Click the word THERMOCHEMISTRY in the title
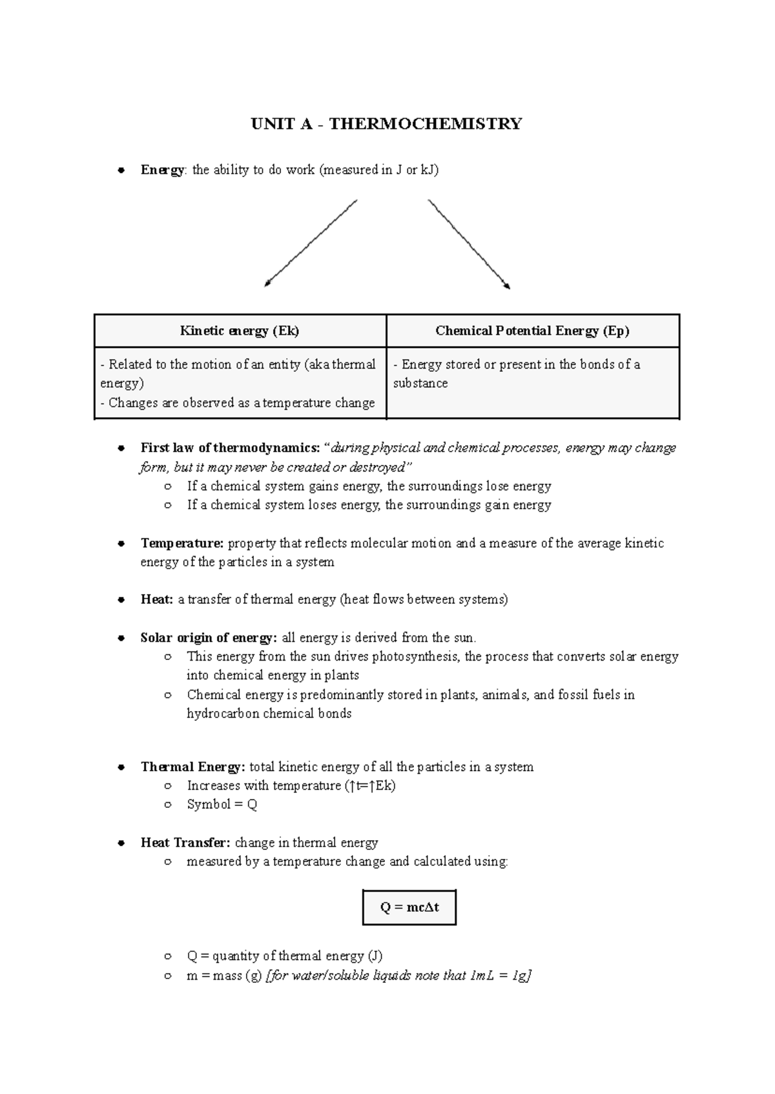pos(426,124)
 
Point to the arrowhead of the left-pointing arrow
pos(267,284)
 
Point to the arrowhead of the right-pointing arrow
pos(508,286)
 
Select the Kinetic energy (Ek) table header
pos(240,331)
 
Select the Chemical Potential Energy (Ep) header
pos(532,331)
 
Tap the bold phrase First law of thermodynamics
pos(229,448)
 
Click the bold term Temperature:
pos(181,543)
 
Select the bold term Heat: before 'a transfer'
pos(157,599)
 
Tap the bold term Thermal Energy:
pos(192,767)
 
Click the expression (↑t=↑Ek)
pos(370,786)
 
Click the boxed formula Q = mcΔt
pos(409,907)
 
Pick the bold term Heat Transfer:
pos(185,843)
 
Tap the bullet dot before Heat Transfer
pos(121,843)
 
